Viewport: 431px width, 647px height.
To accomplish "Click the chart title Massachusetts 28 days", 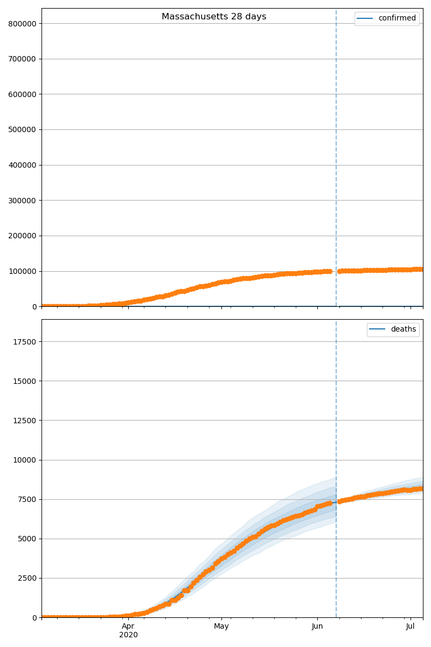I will [214, 17].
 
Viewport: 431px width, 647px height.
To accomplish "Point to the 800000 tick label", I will [22, 23].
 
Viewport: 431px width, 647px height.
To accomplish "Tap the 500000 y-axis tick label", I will [22, 129].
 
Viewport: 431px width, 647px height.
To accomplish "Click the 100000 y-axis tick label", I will [22, 271].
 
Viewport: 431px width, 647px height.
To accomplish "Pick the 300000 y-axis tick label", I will [22, 201].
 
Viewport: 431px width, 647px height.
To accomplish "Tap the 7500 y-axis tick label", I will [26, 499].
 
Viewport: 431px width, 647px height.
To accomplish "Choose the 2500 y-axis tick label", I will [26, 578].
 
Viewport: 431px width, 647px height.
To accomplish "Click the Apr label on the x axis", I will [128, 626].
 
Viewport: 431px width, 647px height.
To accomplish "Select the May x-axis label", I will [221, 626].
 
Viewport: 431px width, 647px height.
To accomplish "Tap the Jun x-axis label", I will [317, 626].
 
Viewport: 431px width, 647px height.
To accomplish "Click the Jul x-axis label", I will [411, 626].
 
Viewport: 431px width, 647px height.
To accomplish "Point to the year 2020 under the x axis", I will [128, 635].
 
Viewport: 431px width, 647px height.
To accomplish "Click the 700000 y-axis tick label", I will [22, 59].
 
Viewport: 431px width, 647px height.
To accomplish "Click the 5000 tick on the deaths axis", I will [26, 539].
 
